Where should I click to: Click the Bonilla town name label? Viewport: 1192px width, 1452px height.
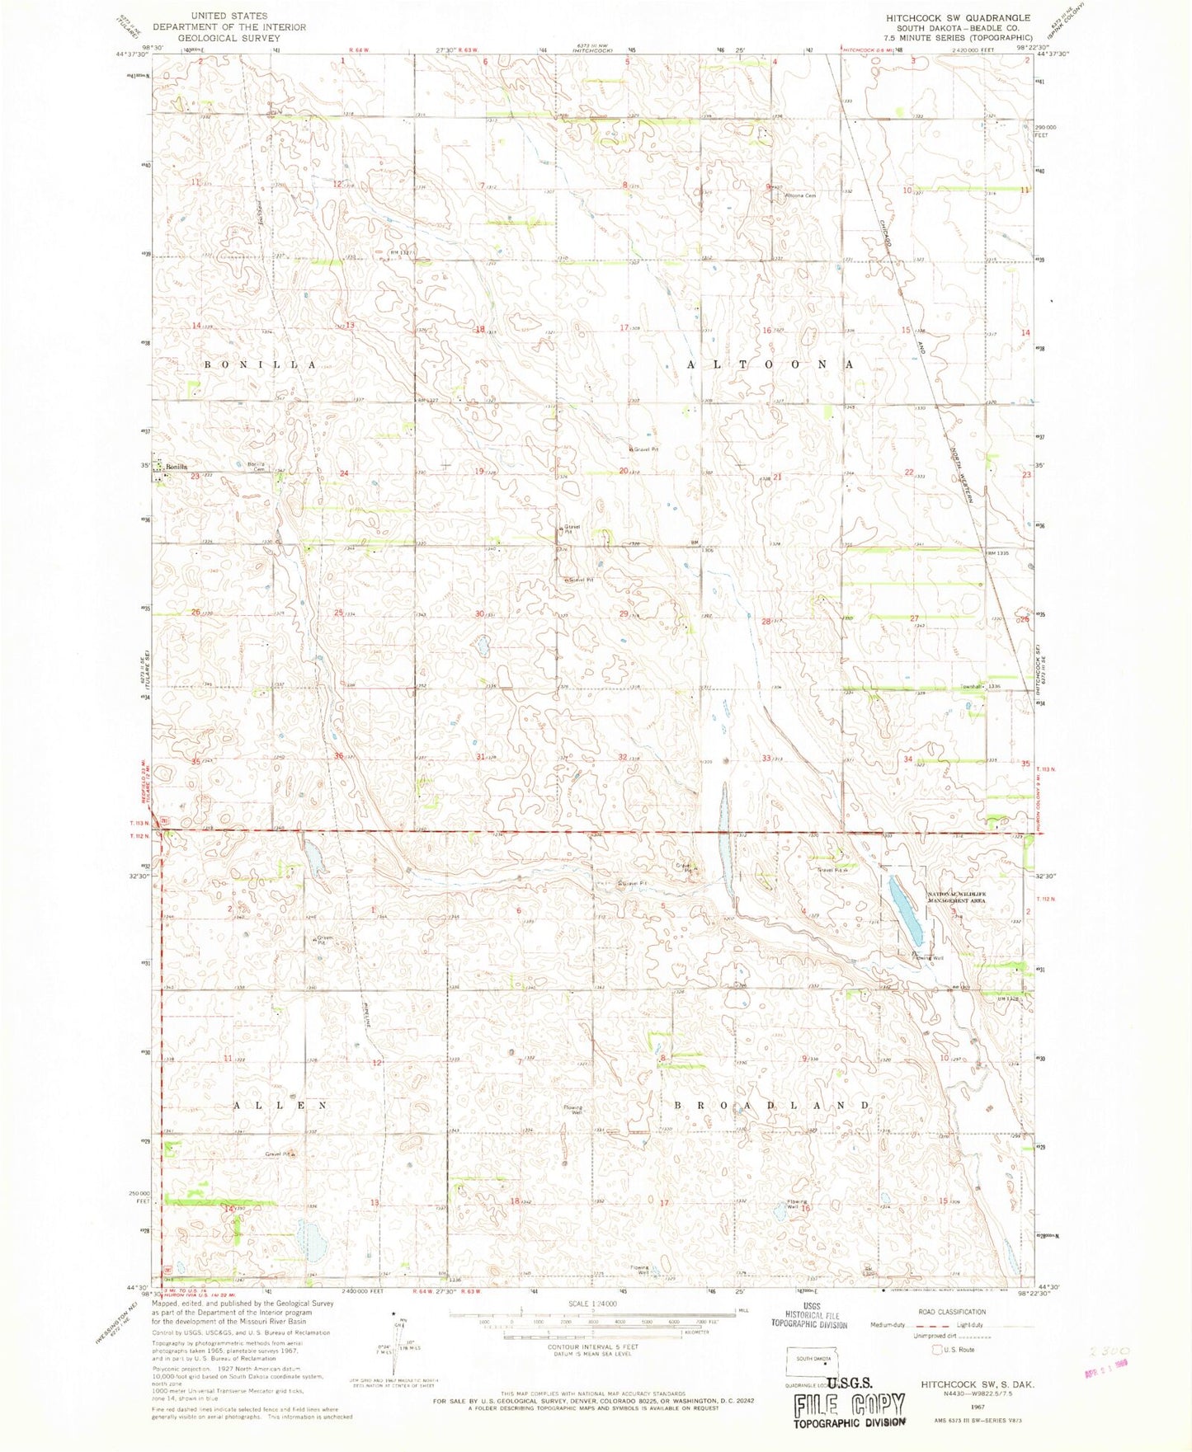tap(177, 468)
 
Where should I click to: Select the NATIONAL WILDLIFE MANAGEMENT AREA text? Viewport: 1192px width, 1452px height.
tap(956, 898)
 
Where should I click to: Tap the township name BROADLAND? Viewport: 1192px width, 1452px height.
tap(773, 1104)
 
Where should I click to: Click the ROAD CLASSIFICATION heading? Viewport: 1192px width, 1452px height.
tap(951, 1311)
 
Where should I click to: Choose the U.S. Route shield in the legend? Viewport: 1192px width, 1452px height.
tap(935, 1350)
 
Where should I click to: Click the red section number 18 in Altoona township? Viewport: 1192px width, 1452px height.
tap(479, 329)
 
